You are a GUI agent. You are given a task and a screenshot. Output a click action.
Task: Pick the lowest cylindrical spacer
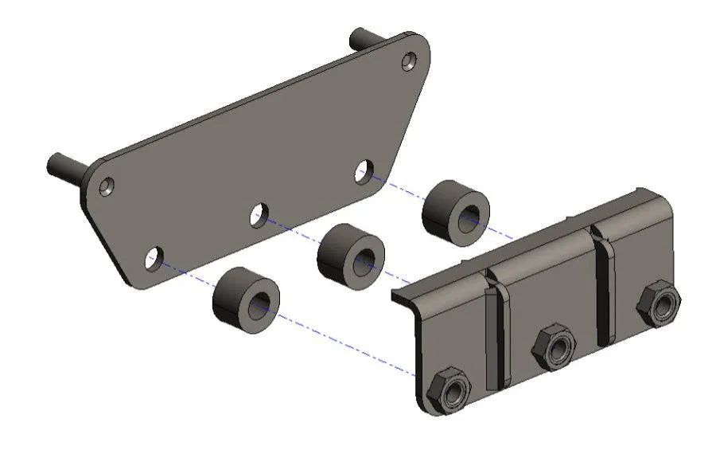coord(246,298)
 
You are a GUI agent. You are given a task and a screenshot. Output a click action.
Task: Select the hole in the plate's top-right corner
coord(409,60)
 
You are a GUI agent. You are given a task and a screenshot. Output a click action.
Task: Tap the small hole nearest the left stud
coord(106,188)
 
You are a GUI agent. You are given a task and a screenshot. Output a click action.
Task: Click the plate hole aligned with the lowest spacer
coord(153,258)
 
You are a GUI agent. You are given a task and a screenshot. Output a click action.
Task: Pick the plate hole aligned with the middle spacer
coord(259,213)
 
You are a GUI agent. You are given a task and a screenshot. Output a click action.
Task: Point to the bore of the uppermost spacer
coord(470,216)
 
